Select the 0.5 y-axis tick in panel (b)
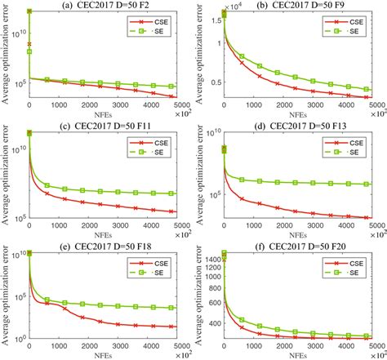pyautogui.click(x=216, y=81)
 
